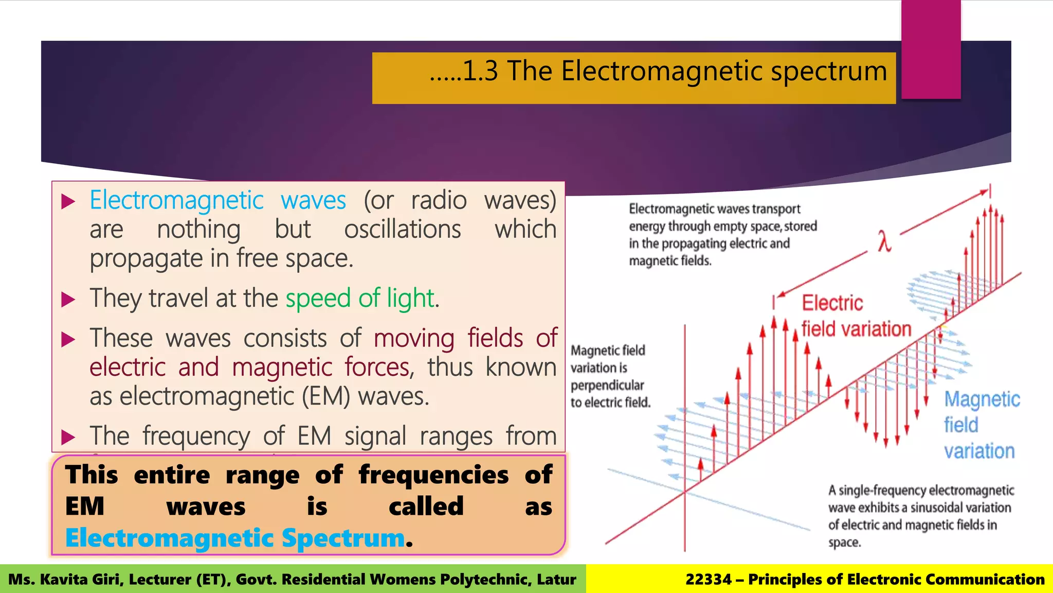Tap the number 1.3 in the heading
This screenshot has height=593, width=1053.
[480, 71]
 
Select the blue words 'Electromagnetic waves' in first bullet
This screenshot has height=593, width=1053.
[217, 200]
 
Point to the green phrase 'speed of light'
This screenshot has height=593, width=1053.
[360, 298]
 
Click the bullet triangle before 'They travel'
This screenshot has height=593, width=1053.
[68, 300]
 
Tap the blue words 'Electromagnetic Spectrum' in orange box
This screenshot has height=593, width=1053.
[235, 538]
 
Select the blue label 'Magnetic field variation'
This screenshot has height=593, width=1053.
[981, 425]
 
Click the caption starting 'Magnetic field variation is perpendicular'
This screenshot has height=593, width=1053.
[610, 376]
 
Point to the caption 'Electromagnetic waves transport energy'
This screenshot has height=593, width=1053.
[722, 235]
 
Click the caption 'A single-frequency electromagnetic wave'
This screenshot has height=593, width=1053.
[920, 516]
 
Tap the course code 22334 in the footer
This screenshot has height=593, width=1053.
[708, 580]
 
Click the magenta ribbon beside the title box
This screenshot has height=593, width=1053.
[931, 49]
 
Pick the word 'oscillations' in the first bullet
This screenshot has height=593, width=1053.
[402, 230]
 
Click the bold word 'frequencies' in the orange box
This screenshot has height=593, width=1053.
[433, 475]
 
